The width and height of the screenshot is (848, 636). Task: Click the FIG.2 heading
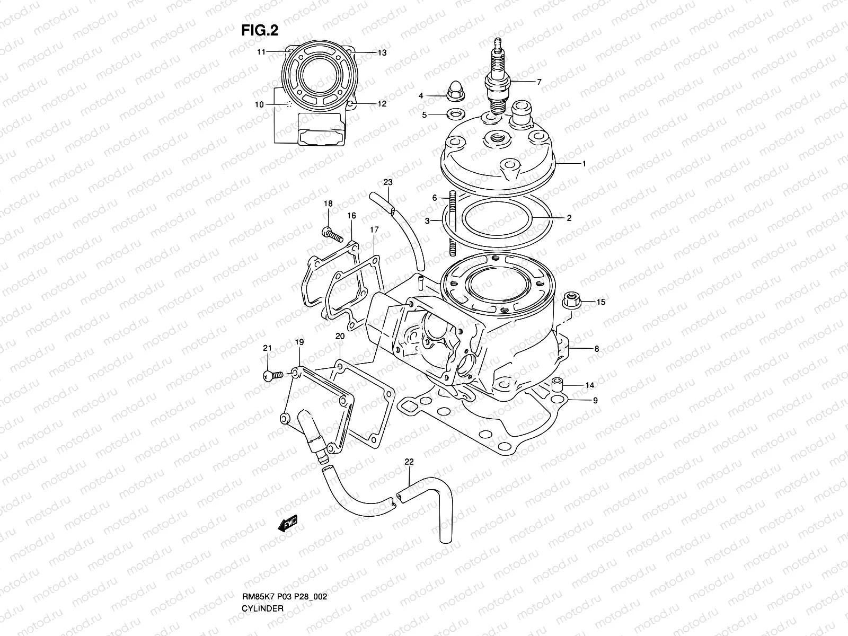click(260, 31)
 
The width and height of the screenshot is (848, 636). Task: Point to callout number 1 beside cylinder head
click(584, 164)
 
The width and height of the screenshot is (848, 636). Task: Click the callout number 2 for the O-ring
click(569, 218)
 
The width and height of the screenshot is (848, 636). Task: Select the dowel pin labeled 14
click(556, 385)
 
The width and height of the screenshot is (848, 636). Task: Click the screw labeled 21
click(269, 376)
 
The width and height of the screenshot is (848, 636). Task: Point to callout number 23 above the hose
click(388, 182)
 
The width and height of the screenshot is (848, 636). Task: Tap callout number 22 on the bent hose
click(409, 462)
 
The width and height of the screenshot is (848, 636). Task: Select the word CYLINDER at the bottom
click(263, 579)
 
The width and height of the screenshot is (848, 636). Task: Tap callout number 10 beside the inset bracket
click(259, 104)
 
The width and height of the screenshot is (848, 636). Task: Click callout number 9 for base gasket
click(595, 401)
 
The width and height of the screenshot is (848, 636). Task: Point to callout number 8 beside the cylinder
click(596, 349)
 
